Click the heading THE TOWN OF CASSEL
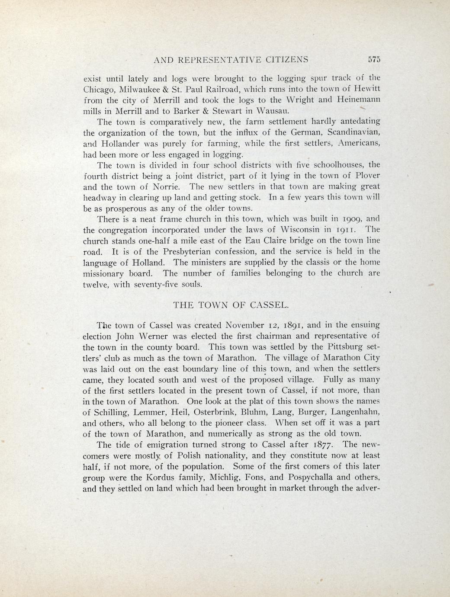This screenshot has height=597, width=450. click(x=231, y=305)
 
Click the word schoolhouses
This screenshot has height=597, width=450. click(x=329, y=165)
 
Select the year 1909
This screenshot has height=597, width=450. click(x=344, y=219)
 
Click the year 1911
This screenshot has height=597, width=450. click(x=344, y=229)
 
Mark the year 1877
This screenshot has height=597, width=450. click(x=324, y=445)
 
